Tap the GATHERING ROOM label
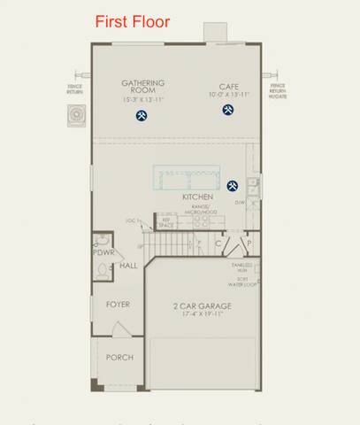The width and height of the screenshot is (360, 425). pyautogui.click(x=143, y=87)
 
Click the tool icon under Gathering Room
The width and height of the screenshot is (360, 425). pyautogui.click(x=141, y=116)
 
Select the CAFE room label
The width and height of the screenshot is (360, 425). pyautogui.click(x=229, y=87)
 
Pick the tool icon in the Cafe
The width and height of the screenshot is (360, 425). pyautogui.click(x=228, y=110)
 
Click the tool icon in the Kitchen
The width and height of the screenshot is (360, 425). pyautogui.click(x=233, y=186)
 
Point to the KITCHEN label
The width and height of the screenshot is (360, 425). pyautogui.click(x=198, y=196)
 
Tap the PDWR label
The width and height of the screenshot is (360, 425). pyautogui.click(x=103, y=252)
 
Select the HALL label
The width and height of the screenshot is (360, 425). pyautogui.click(x=128, y=266)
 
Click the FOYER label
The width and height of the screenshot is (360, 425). pyautogui.click(x=118, y=304)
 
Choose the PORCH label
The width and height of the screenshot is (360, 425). pyautogui.click(x=119, y=358)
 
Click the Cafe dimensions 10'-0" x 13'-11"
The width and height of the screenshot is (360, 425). pyautogui.click(x=229, y=94)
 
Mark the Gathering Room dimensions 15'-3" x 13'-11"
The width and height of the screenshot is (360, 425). pyautogui.click(x=143, y=100)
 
